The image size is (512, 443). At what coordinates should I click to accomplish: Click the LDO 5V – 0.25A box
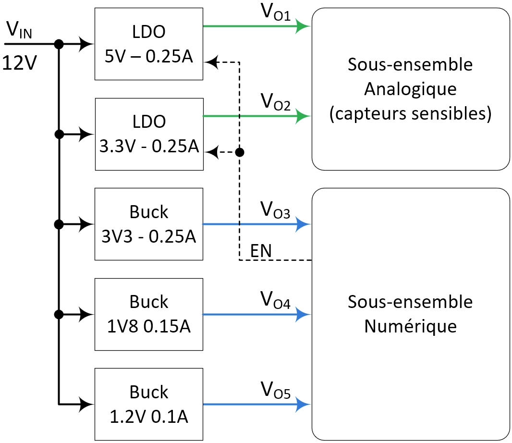point(149,44)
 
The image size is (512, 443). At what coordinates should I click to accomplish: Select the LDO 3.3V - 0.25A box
point(149,134)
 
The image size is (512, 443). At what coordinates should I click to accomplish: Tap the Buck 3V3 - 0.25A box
point(149,224)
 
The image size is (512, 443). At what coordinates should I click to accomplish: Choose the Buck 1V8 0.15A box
point(149,314)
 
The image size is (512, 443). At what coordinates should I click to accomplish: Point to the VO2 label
point(275,102)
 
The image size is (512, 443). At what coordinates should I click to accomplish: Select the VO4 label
point(275,300)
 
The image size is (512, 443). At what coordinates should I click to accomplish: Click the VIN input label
point(19,31)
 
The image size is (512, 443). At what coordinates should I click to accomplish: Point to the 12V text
point(19,63)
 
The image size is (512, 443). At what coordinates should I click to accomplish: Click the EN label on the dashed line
point(261,250)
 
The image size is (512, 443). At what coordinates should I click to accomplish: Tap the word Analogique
point(410,89)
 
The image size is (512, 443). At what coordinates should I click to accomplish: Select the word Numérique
point(410,326)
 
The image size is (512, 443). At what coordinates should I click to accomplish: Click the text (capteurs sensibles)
point(410,114)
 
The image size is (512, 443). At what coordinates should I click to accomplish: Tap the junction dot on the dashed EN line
point(240,152)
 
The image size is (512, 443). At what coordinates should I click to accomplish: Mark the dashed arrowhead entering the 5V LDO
point(211,62)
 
